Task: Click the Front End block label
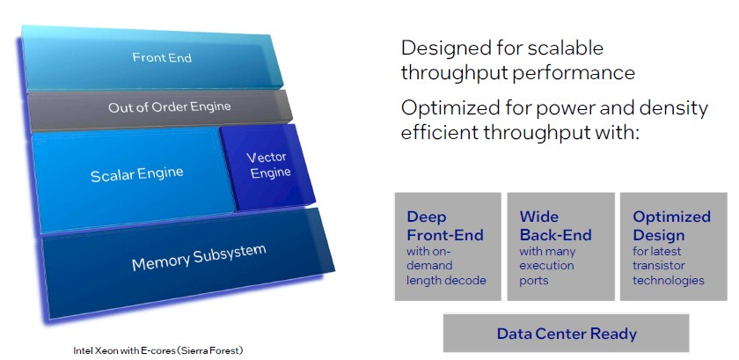(x=162, y=57)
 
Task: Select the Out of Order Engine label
(x=170, y=107)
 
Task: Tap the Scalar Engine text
(x=136, y=174)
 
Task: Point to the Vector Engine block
(x=267, y=166)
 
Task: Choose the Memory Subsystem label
(x=199, y=257)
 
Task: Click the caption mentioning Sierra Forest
(x=158, y=350)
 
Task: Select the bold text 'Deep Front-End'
(x=445, y=226)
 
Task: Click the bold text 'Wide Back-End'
(x=555, y=226)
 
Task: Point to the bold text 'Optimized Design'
(x=671, y=226)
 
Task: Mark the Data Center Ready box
(x=566, y=333)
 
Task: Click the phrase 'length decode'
(x=446, y=280)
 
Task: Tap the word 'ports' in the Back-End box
(x=533, y=281)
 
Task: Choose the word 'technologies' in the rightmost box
(x=669, y=280)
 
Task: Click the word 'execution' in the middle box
(x=546, y=266)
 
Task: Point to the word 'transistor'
(x=658, y=266)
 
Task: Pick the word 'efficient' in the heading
(x=437, y=133)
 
